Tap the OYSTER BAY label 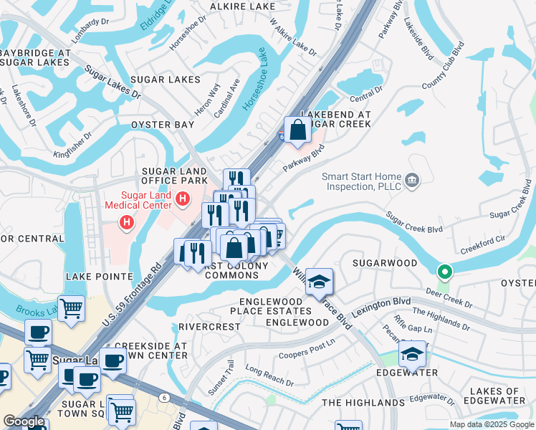click(162, 125)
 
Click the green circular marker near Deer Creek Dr click(444, 272)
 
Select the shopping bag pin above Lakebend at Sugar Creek click(298, 130)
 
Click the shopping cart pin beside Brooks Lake click(71, 310)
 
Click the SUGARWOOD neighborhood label click(385, 263)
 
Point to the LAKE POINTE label click(99, 276)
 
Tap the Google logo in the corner click(24, 422)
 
